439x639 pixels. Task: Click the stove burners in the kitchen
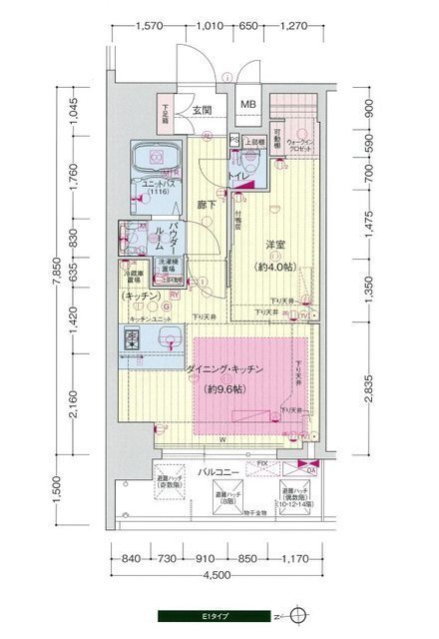132,339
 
